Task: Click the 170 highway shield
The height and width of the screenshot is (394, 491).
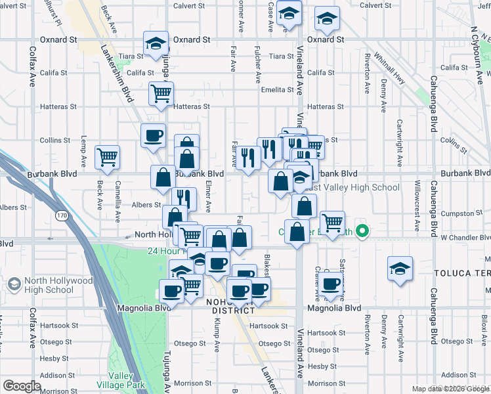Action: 62,214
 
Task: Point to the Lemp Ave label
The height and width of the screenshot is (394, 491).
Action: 83,150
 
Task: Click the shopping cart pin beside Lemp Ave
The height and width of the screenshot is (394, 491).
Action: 107,157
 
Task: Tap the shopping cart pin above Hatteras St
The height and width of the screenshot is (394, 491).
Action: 161,93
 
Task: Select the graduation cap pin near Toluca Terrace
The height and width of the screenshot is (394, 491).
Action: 400,268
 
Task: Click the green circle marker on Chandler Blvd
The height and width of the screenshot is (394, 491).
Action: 360,231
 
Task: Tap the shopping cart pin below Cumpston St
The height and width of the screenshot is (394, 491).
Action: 332,222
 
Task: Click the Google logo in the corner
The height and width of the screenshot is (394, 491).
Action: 22,386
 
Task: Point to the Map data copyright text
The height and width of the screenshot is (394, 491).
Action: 450,389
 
